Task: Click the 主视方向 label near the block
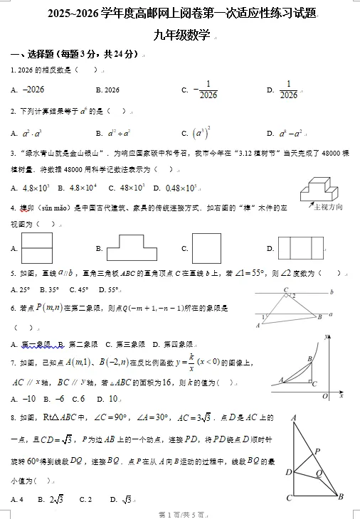coord(328,207)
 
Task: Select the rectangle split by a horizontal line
coord(38,248)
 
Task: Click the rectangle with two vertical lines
coord(301,247)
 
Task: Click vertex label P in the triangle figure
coord(317,451)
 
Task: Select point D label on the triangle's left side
coord(288,472)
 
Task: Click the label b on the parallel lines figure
coord(332,291)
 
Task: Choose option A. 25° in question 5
coord(21,290)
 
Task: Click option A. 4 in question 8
coord(18,499)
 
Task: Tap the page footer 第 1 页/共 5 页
coord(181,514)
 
